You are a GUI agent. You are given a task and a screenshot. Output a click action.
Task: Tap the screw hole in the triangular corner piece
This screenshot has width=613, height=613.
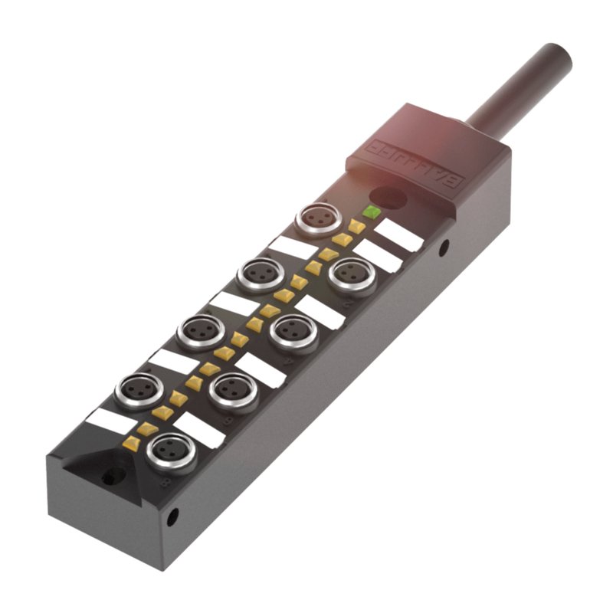point(110,477)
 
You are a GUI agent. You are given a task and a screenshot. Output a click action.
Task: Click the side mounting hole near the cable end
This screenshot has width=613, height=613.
point(444,247)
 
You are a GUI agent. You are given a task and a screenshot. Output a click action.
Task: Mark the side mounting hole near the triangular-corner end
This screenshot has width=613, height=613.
point(174,514)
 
